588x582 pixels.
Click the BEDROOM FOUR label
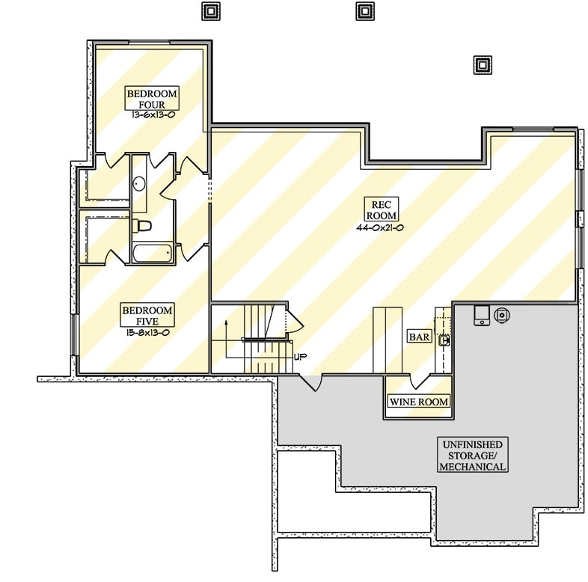pyautogui.click(x=151, y=99)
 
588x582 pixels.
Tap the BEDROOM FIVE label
pyautogui.click(x=147, y=315)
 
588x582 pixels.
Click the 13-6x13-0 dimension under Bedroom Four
pyautogui.click(x=151, y=116)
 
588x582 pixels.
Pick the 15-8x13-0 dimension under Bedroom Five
pyautogui.click(x=147, y=332)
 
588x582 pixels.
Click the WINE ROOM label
pyautogui.click(x=418, y=402)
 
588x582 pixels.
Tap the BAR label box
pyautogui.click(x=419, y=337)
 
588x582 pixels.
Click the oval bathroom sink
pyautogui.click(x=139, y=184)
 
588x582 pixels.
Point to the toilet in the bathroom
pyautogui.click(x=143, y=225)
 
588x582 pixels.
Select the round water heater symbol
pyautogui.click(x=502, y=315)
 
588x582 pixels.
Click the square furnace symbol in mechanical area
pyautogui.click(x=481, y=315)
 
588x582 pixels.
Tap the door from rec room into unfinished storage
pyautogui.click(x=310, y=382)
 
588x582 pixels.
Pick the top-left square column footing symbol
pyautogui.click(x=212, y=11)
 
